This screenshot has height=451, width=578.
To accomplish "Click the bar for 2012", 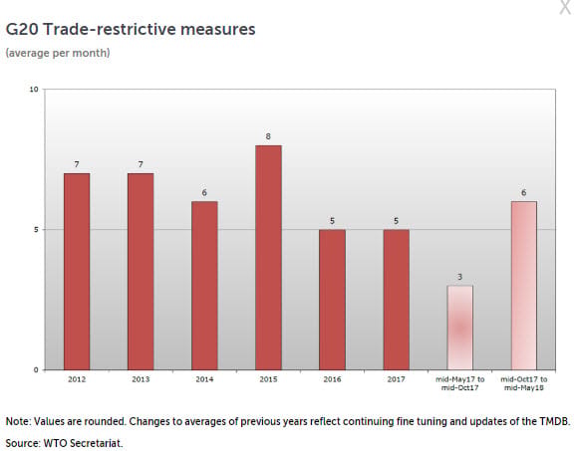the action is point(77,272).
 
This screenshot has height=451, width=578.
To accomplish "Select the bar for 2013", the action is point(141,272).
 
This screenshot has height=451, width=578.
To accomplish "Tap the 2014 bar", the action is point(204,286).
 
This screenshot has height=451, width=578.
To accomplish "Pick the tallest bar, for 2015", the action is point(268,257).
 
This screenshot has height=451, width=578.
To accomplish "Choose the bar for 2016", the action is point(332,300).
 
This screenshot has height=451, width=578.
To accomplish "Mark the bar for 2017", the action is point(397,300).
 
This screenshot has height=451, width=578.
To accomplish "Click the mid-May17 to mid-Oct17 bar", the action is point(460,328).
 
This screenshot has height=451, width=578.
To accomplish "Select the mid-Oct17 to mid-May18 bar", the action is point(524,286).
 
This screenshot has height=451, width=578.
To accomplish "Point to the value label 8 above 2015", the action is point(268,136).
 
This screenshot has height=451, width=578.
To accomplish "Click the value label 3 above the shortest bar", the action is point(459,277).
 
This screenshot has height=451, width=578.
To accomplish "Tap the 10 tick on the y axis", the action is point(34,90).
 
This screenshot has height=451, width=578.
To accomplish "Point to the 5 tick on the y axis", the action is point(36,230).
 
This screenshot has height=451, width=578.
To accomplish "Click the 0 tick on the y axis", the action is point(36,370).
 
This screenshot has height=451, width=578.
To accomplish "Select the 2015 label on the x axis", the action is point(268,379).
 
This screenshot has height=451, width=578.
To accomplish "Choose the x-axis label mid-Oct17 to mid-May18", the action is point(524,383).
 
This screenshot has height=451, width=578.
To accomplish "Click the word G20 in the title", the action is point(22,30).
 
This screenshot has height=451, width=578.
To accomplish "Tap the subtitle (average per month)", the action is point(58,53).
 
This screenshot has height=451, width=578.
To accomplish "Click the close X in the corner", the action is point(565,7).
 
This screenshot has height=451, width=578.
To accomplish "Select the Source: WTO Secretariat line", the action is point(64,443).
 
